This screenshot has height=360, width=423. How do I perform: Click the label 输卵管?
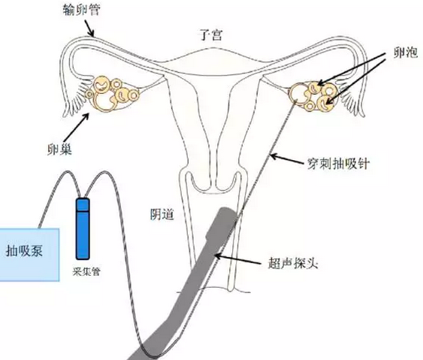(81, 10)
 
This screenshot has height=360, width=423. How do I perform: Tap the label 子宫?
(211, 35)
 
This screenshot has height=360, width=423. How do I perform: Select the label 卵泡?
(406, 53)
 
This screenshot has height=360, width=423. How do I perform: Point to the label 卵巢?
(59, 149)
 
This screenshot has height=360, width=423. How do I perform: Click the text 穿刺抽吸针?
(338, 163)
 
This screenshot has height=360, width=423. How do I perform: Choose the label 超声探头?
(293, 262)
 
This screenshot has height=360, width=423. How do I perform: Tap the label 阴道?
(162, 214)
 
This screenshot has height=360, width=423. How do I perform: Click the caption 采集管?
(86, 271)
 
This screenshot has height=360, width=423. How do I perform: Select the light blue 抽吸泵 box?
(29, 255)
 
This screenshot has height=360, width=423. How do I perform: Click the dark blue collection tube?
(83, 228)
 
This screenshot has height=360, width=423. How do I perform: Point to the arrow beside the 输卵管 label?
(90, 29)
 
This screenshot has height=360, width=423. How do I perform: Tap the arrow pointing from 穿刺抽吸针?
(288, 159)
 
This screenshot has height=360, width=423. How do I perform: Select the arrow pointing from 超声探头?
(238, 259)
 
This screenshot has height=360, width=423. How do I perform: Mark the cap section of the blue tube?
(83, 205)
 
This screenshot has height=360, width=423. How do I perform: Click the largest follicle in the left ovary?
(104, 101)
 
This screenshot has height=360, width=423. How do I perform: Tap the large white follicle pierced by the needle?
(298, 93)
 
